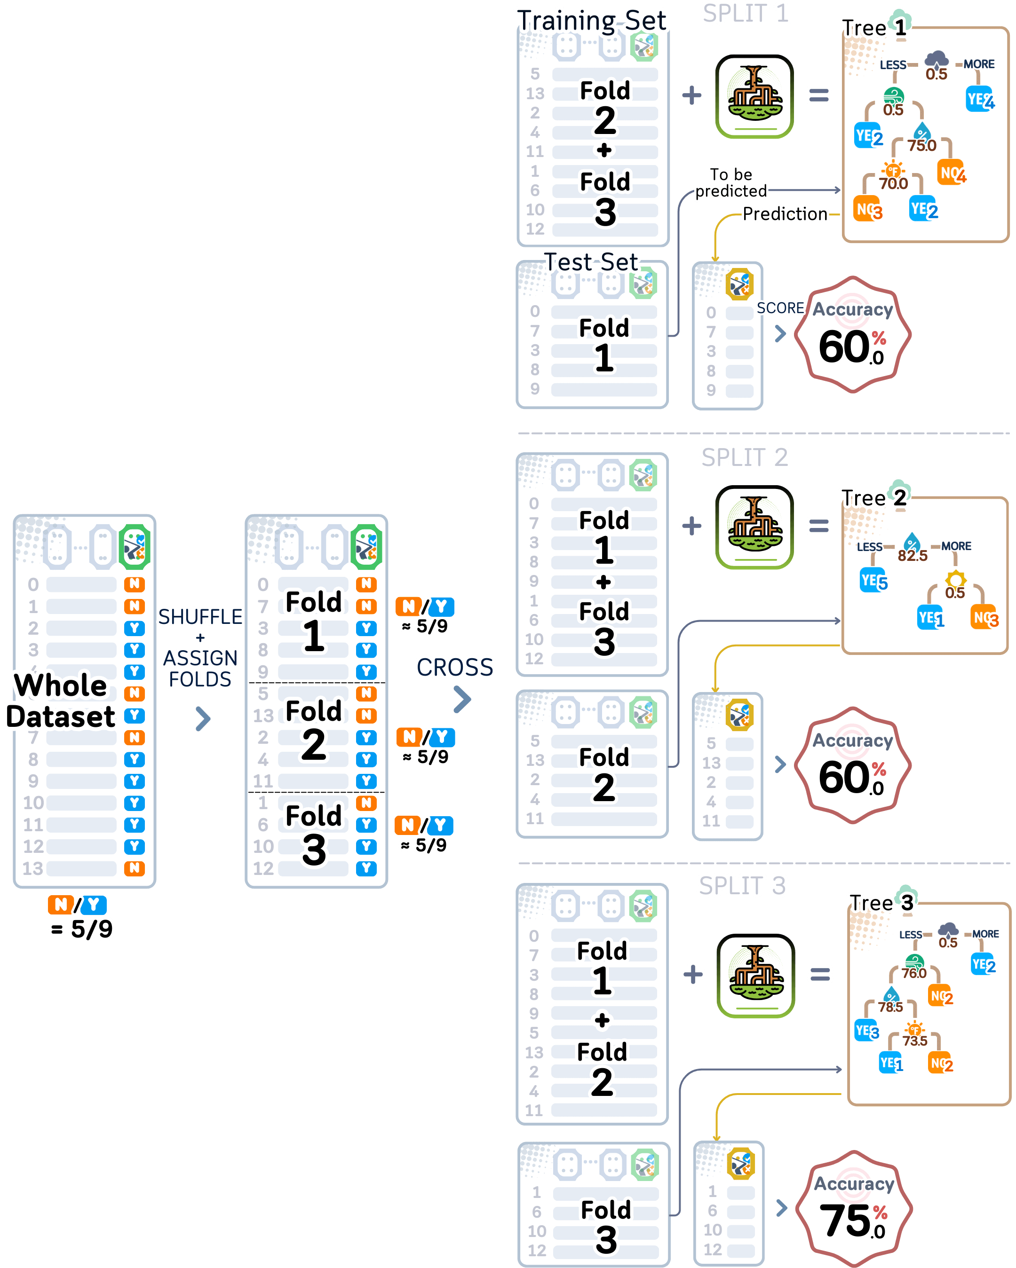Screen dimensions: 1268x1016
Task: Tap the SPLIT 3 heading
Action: [742, 886]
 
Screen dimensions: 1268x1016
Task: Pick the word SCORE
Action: [781, 308]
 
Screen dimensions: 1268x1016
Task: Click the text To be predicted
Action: [731, 182]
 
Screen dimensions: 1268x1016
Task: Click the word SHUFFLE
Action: [200, 616]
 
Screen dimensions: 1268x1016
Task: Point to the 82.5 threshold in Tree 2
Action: [912, 555]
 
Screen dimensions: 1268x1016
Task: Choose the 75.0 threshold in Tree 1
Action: [921, 145]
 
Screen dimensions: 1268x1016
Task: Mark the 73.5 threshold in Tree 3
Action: [915, 1040]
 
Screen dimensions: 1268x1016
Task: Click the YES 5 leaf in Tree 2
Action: [873, 581]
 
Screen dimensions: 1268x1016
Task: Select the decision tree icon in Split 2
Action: [755, 527]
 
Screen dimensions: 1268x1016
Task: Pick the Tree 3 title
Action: [880, 902]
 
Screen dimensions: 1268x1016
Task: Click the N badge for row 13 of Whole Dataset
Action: [134, 868]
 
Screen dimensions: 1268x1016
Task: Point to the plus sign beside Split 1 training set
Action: [691, 95]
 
